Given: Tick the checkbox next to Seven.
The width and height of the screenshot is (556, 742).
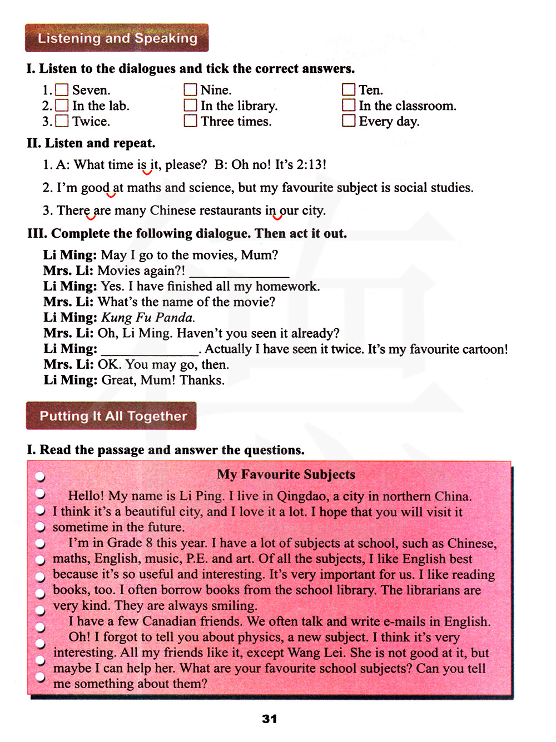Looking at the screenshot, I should [62, 90].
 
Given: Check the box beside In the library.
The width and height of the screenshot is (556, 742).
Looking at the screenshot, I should [190, 106].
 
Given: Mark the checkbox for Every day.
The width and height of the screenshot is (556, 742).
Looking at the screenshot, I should [349, 121].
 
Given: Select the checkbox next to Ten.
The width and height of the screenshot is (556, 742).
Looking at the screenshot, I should [349, 90].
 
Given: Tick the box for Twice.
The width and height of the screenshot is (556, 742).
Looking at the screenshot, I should [62, 121].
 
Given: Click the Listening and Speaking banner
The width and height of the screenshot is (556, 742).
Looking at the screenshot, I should [117, 38].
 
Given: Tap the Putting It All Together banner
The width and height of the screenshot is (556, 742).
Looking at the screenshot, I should [111, 416].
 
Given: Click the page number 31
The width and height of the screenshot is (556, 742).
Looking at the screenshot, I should [270, 719].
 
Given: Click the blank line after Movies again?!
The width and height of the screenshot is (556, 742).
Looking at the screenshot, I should [239, 273].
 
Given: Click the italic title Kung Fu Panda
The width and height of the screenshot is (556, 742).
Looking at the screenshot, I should [148, 318].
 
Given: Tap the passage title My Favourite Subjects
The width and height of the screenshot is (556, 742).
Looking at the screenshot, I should [286, 474].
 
